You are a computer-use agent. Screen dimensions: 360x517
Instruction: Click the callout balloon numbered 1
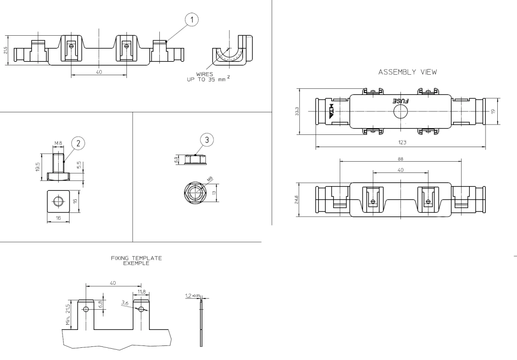[191, 19]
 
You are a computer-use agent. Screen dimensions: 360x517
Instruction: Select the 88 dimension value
[399, 158]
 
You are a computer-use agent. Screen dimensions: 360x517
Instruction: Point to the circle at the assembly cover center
[400, 111]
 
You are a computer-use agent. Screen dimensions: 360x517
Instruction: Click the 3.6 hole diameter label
[125, 304]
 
